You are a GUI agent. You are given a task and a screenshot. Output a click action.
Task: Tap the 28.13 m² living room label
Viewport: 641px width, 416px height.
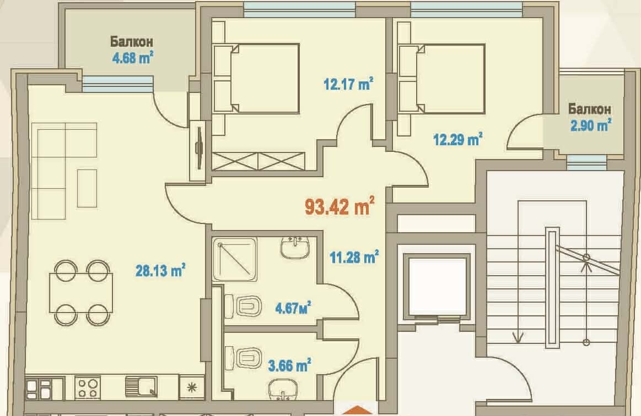click(160, 270)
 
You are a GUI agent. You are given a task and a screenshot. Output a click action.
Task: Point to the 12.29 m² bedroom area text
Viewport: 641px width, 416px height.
click(457, 139)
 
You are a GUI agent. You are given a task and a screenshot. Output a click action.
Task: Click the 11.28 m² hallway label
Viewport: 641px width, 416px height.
click(353, 256)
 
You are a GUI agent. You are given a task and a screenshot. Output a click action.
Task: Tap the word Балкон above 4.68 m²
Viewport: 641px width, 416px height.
click(131, 42)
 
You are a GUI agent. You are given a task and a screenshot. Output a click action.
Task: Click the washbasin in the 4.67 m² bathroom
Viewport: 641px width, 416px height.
click(294, 247)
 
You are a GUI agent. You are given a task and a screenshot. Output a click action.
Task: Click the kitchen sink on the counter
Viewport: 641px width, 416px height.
click(142, 386)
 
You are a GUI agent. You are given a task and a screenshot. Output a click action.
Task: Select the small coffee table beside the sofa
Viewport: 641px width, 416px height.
click(87, 188)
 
